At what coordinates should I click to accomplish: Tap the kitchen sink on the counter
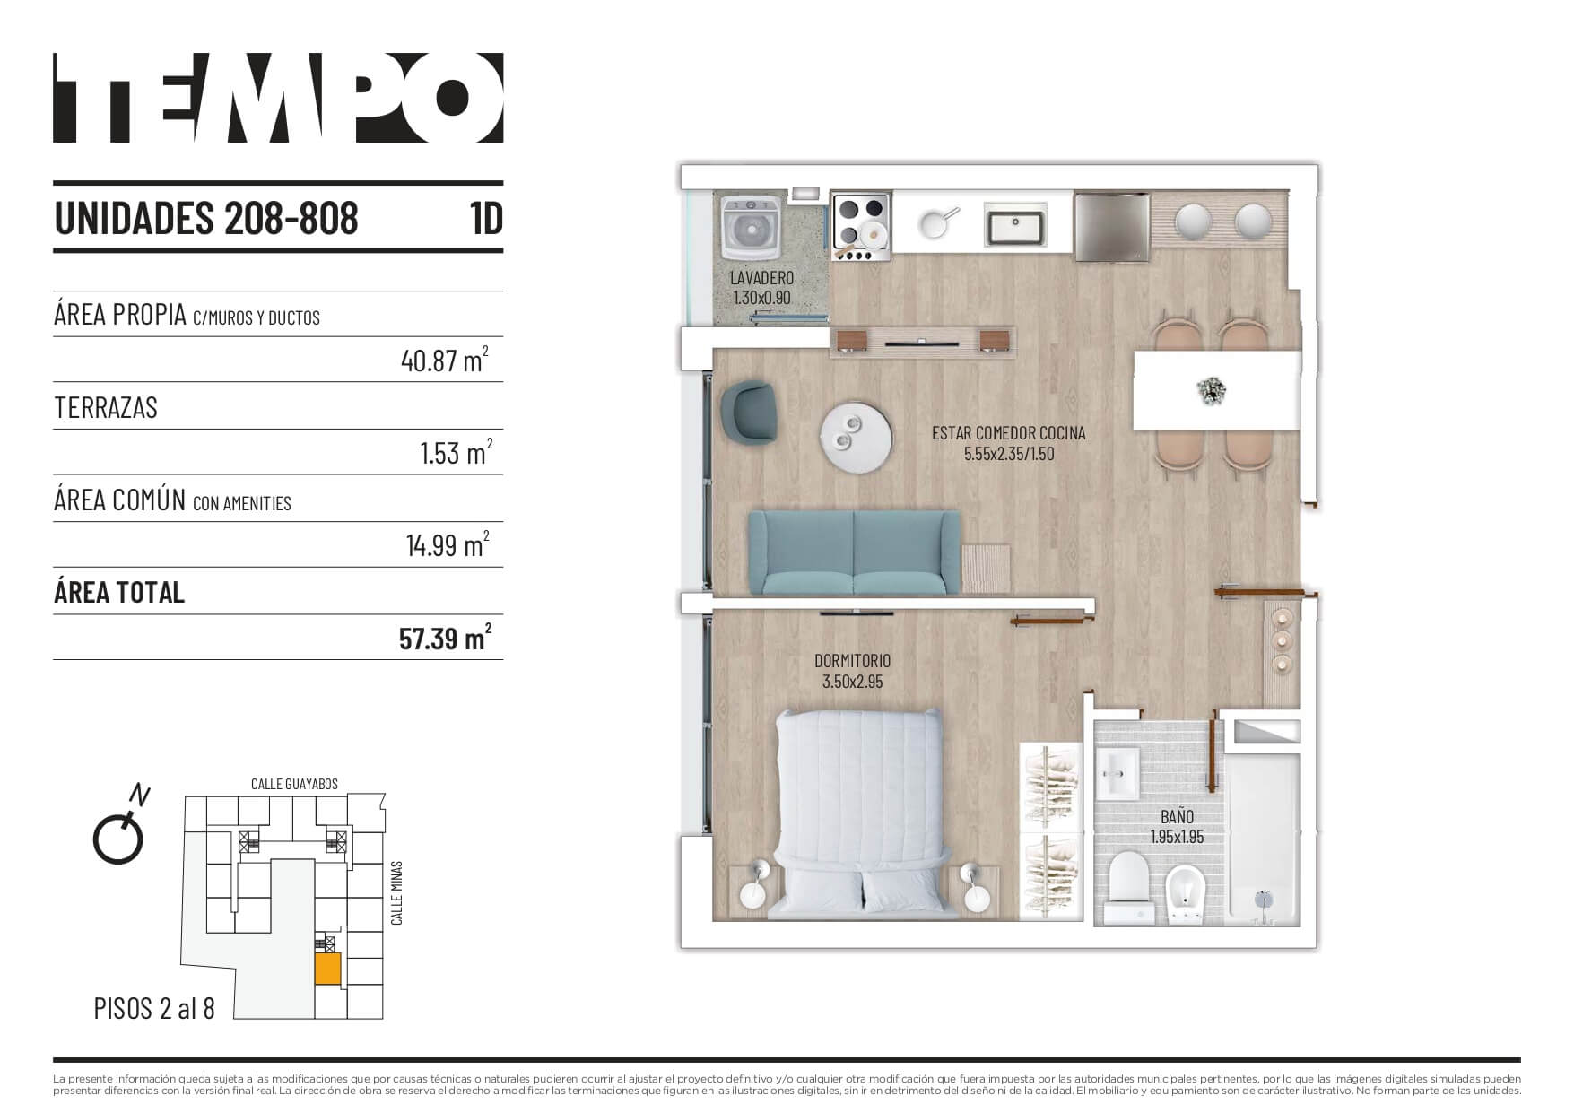click(1016, 223)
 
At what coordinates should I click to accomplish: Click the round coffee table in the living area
click(856, 437)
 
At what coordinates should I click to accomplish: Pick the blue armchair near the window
click(752, 412)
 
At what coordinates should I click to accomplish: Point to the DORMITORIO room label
click(852, 661)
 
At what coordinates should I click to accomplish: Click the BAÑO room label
click(1177, 817)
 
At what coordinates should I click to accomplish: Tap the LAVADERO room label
click(761, 278)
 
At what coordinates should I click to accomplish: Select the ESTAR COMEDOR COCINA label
click(1009, 433)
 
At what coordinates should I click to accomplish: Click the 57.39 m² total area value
click(445, 639)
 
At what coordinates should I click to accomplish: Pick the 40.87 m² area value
click(445, 361)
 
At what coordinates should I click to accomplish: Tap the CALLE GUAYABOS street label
click(294, 784)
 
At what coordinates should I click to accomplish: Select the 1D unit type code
click(486, 218)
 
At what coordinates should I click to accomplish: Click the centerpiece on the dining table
click(1212, 390)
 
